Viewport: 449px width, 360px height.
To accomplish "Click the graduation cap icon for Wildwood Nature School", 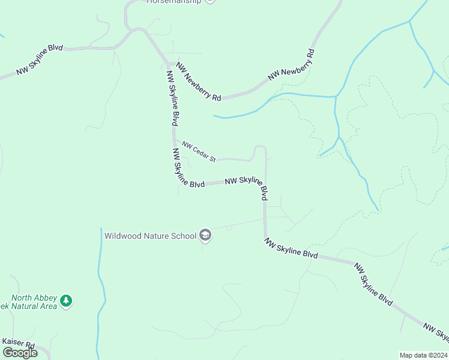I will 205,235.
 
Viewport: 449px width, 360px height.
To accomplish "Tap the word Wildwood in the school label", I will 123,236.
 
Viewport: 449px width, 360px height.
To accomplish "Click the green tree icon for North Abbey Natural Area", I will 66,301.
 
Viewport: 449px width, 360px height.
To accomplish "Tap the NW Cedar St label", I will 199,151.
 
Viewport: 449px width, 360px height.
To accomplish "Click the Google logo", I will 19,352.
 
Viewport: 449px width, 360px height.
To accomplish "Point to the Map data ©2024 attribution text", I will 423,355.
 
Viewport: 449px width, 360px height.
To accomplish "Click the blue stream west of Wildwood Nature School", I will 100,282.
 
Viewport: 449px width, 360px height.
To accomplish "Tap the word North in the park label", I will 24,296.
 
